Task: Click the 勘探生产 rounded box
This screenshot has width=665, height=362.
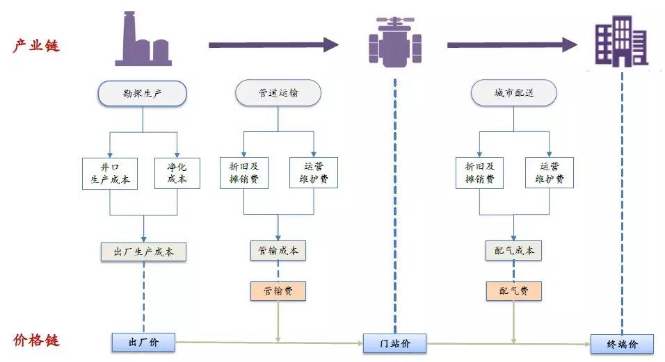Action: pos(143,93)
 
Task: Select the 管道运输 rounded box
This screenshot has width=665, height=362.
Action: pos(278,92)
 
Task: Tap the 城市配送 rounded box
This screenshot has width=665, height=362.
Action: pos(513,92)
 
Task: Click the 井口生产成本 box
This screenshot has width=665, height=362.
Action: pos(110,174)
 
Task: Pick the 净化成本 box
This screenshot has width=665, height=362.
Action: pos(177,173)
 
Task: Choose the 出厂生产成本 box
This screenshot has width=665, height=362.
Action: pos(143,252)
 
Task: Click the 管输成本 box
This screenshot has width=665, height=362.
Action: pos(278,251)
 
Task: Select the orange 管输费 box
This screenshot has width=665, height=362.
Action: pos(278,291)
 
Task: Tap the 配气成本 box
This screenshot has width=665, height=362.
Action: pos(513,251)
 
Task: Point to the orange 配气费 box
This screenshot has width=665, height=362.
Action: pos(513,291)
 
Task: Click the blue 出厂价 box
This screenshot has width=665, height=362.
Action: pos(143,342)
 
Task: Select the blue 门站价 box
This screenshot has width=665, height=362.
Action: pos(395,343)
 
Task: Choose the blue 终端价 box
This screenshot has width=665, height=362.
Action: pos(622,344)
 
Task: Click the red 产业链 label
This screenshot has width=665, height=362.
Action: pos(36,45)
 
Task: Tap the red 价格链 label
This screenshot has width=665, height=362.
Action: pos(36,340)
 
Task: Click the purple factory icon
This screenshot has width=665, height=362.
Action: pos(143,39)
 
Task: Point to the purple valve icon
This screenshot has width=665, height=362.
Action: pos(395,42)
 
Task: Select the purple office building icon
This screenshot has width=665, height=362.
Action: pos(622,41)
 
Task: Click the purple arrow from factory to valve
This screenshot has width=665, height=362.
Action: pos(273,45)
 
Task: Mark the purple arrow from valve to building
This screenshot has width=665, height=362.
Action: pos(513,45)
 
